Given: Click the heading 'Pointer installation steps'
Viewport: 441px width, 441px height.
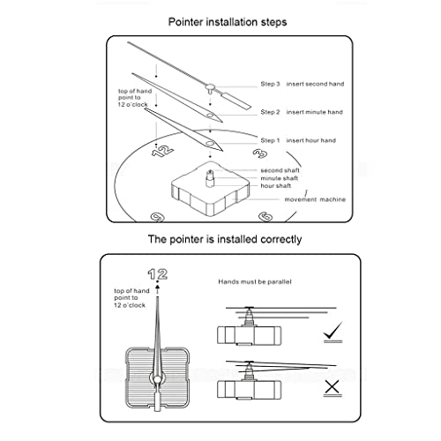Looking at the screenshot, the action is (228, 22).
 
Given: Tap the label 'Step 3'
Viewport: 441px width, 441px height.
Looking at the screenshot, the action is (270, 84).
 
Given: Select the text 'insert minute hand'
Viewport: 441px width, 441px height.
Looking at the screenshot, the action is (315, 112).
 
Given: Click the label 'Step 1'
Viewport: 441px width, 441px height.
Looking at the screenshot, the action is (270, 140).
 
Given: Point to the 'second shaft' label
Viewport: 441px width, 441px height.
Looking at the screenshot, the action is (280, 170).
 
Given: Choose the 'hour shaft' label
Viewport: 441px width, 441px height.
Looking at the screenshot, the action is (276, 186).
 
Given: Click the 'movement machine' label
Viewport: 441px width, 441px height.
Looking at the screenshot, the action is (315, 199).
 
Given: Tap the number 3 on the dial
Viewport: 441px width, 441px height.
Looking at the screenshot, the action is (260, 153).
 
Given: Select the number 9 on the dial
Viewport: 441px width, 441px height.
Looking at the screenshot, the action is (157, 217).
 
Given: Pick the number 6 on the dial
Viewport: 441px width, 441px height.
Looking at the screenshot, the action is (265, 217).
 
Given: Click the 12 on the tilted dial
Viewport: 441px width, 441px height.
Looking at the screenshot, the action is (162, 151).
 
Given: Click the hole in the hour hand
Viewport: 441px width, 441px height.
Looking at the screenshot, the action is (210, 143).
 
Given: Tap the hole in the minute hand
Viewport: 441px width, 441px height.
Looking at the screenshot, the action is (210, 115).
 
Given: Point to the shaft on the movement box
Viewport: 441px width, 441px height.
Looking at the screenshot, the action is (210, 178).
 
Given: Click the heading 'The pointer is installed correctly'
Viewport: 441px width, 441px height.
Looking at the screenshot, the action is (225, 239).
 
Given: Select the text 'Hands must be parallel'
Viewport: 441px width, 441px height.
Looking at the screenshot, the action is (255, 281).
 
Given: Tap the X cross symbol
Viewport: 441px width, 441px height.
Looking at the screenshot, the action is (333, 386).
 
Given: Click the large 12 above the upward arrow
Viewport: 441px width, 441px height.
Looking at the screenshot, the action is (158, 274).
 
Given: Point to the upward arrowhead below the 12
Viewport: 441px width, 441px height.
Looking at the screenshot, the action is (158, 286).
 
